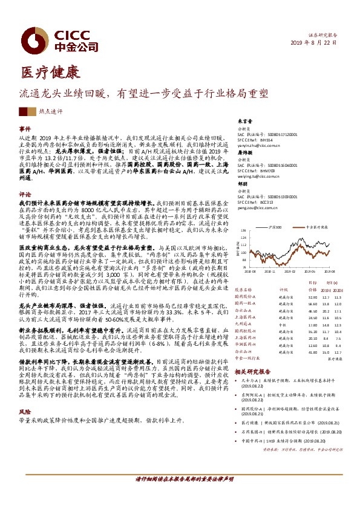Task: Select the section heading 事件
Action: coord(25,129)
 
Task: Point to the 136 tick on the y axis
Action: coord(243,231)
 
